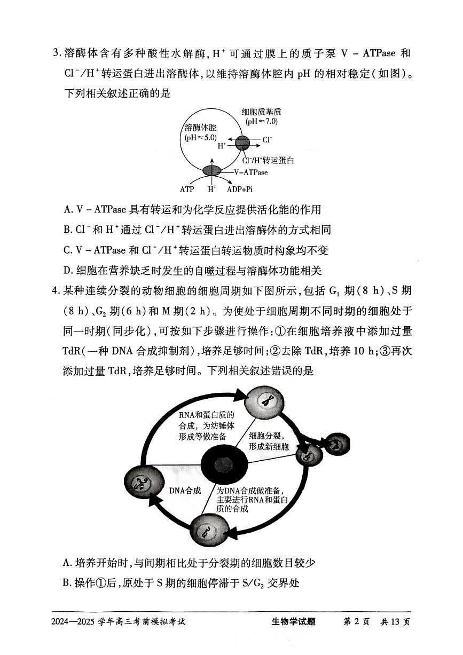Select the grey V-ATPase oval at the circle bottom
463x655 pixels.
211,171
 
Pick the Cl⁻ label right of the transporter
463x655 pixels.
267,141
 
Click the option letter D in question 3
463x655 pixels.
67,271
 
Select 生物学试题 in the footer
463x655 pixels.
294,622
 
